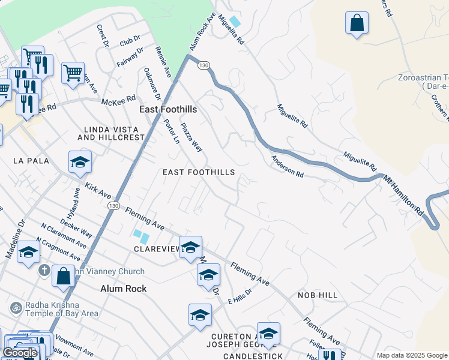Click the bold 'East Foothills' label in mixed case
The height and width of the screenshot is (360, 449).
pos(168,110)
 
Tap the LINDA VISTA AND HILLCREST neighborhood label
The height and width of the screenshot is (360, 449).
pos(114,133)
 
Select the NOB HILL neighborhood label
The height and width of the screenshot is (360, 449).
pos(318,296)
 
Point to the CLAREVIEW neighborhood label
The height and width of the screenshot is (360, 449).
pos(157,248)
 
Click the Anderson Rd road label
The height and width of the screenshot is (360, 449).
pos(287,167)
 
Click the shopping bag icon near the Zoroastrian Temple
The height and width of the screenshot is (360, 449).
pos(357,23)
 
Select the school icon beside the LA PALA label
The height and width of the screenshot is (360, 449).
pos(80,162)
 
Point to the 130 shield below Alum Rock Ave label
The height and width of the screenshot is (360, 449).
pos(204,65)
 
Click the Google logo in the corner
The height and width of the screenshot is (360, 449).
pos(20,353)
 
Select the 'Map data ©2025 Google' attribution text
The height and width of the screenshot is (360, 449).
pos(411,355)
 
